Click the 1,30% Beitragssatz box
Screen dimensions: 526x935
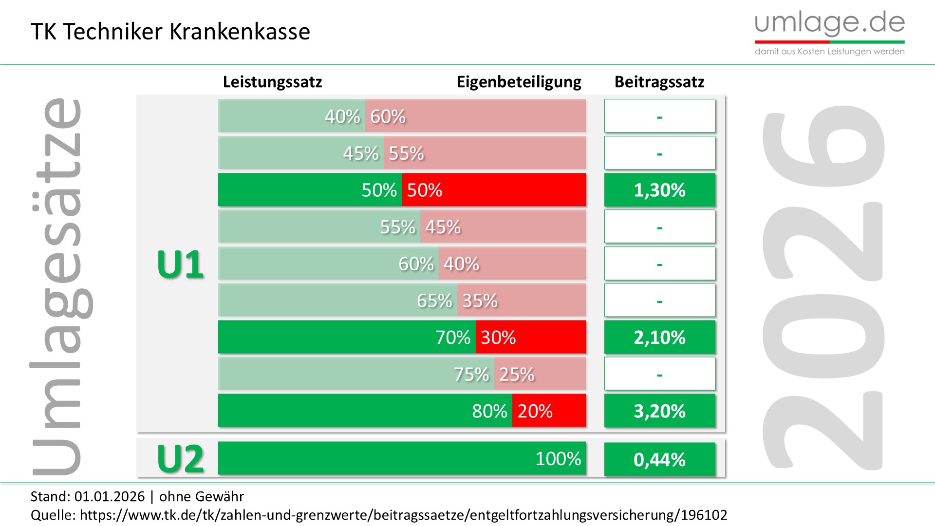(659, 190)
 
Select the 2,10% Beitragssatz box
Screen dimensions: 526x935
(659, 337)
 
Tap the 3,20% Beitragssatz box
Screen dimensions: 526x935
(659, 411)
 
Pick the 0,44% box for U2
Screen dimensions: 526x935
(659, 459)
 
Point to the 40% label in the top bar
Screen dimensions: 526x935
(342, 116)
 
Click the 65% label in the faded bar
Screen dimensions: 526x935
(434, 301)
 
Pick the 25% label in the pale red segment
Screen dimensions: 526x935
(517, 374)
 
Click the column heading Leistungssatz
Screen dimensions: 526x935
(272, 82)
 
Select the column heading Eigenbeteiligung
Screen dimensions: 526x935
(519, 82)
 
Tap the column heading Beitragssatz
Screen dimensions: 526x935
(659, 82)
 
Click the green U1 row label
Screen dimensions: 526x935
(180, 264)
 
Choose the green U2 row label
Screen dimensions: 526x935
(180, 459)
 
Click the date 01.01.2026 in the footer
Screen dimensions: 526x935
(110, 496)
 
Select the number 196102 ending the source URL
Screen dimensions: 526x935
(704, 515)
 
